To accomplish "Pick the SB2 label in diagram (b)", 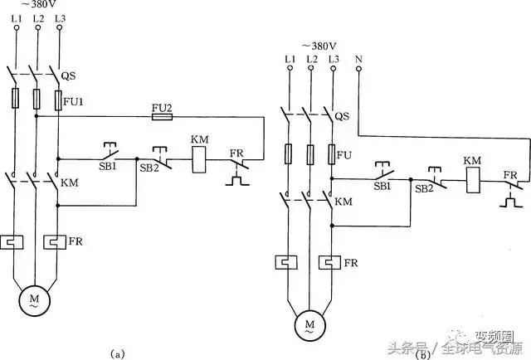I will pyautogui.click(x=423, y=189).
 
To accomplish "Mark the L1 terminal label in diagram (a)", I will pyautogui.click(x=16, y=17).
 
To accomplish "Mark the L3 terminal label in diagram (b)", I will pyautogui.click(x=334, y=59).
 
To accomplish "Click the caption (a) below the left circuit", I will pyautogui.click(x=117, y=354).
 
